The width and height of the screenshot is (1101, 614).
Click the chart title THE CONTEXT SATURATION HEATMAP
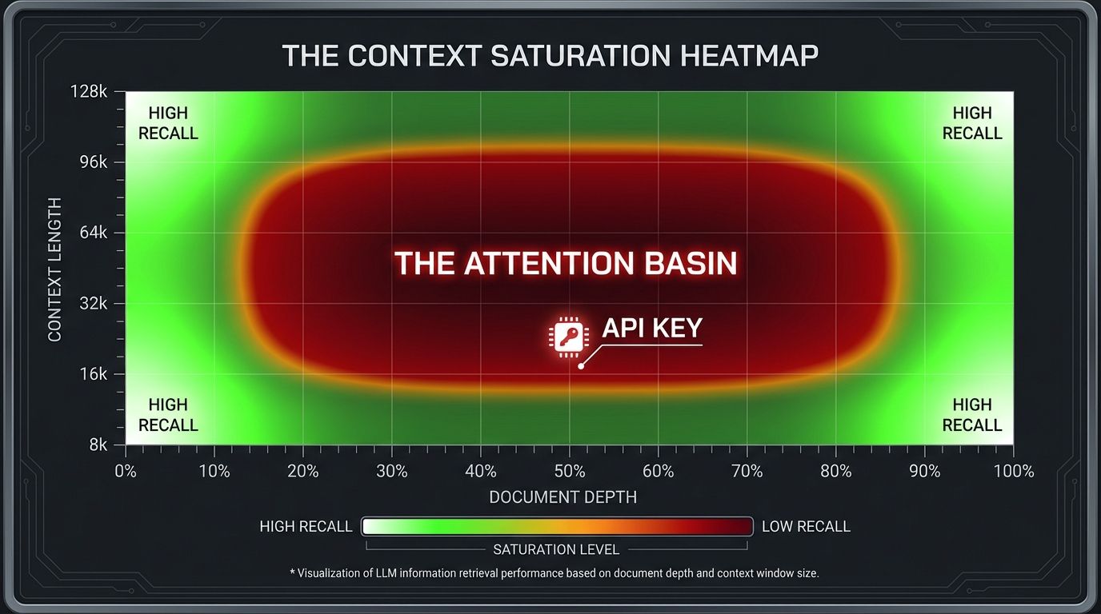click(550, 56)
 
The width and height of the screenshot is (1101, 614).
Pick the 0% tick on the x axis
click(126, 471)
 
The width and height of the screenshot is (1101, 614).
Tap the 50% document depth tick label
click(569, 471)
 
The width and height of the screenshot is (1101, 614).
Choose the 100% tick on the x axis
click(1013, 471)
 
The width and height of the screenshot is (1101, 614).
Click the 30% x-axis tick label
click(391, 471)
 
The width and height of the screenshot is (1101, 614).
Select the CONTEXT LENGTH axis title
click(55, 270)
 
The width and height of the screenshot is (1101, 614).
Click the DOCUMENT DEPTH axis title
click(563, 497)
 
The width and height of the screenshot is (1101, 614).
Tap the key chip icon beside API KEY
click(567, 337)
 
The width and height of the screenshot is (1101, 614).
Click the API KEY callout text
click(651, 329)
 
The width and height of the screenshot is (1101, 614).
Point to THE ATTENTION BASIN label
click(566, 263)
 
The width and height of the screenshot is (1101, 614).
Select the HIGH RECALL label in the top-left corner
click(168, 123)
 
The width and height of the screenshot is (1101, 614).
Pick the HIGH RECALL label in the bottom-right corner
click(972, 415)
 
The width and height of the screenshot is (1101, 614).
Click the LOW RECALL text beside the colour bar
click(806, 526)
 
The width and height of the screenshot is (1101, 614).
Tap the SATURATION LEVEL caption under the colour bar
click(556, 549)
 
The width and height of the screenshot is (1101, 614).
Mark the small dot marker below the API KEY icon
click(581, 366)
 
